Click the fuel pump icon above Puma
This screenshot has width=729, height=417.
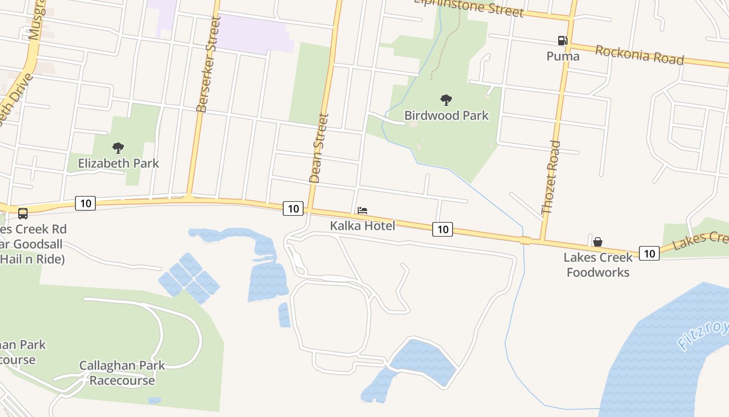(x=562, y=41)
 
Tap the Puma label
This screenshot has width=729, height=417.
(x=563, y=56)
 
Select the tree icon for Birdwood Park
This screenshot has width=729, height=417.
(x=446, y=100)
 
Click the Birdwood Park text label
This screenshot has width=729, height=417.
(x=447, y=115)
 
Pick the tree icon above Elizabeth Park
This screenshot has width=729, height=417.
(x=118, y=148)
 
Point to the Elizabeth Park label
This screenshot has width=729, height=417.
(x=118, y=163)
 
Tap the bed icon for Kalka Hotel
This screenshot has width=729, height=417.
(x=362, y=211)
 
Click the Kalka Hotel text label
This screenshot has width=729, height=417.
(x=362, y=226)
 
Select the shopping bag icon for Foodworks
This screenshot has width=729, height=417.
(x=598, y=242)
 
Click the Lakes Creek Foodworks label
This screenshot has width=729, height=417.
(x=598, y=264)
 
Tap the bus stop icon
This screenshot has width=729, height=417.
(x=23, y=213)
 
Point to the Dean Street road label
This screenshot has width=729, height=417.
(x=319, y=148)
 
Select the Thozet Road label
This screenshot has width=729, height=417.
(x=551, y=177)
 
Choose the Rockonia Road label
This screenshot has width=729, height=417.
(x=639, y=55)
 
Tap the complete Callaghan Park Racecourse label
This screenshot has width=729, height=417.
(x=122, y=373)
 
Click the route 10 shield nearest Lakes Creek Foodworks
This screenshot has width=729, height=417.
(x=649, y=253)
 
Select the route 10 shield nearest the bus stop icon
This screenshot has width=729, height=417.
(x=85, y=203)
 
